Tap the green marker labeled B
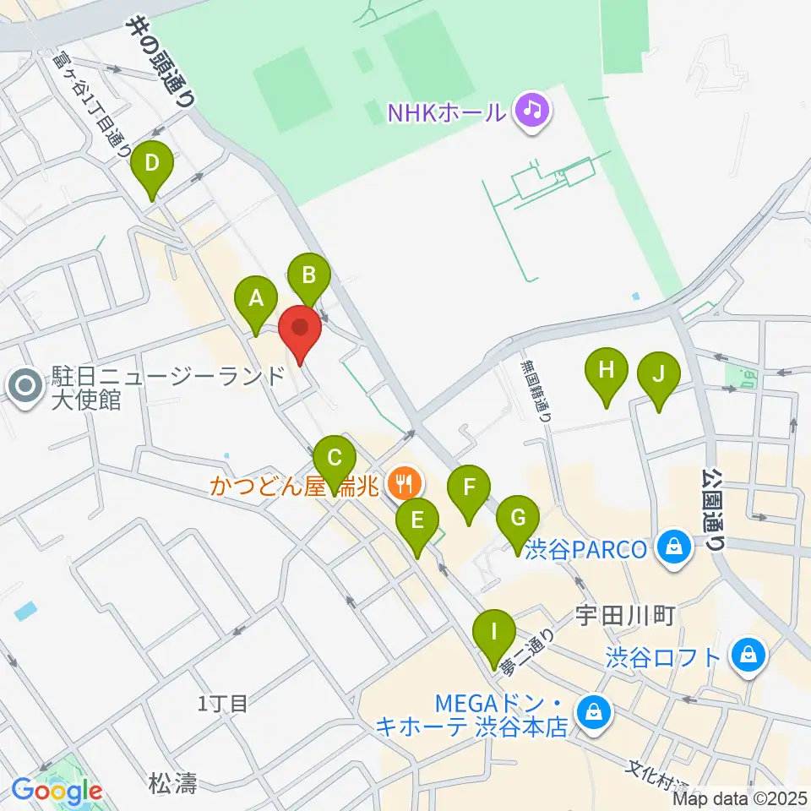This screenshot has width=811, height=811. coord(308,275)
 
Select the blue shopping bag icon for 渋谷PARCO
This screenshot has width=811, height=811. coord(675,549)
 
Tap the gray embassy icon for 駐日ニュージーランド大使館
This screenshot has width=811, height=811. coord(25,387)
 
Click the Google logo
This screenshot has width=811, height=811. coord(57,792)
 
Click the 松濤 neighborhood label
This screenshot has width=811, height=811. coord(175,784)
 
